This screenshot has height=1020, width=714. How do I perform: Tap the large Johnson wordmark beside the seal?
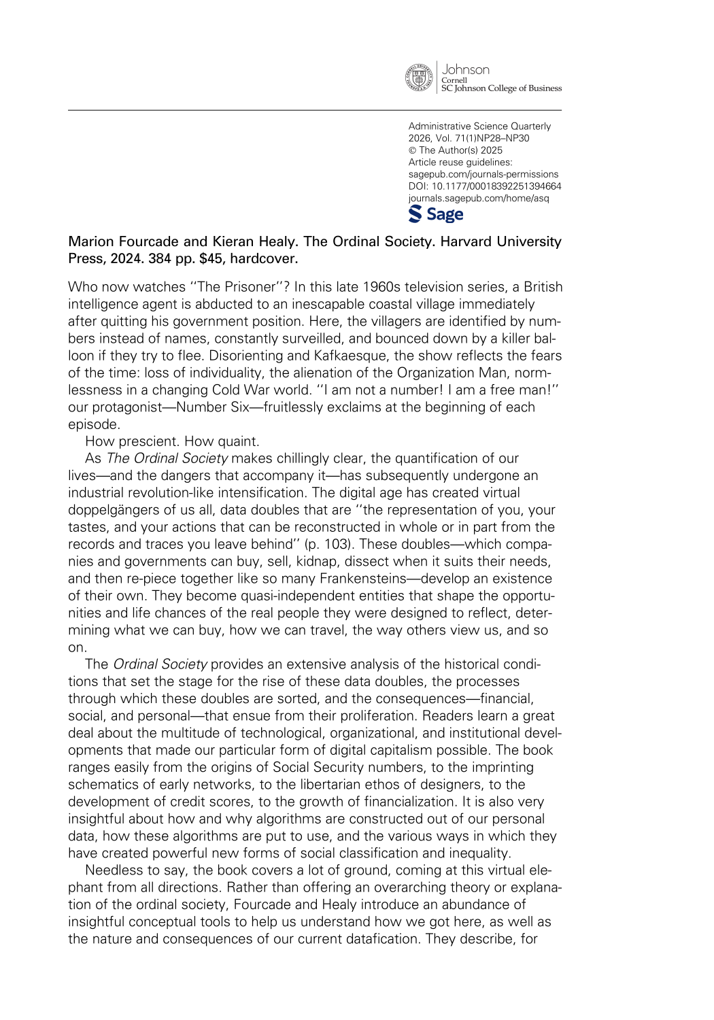tap(466, 69)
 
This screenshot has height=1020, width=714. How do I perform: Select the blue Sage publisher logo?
tap(436, 214)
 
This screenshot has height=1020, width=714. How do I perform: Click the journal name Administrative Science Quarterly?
tap(479, 126)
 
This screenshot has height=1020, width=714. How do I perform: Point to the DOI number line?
tap(485, 186)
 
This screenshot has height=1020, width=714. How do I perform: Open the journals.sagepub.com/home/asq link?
tap(479, 199)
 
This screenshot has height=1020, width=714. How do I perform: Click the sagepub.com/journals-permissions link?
tap(483, 174)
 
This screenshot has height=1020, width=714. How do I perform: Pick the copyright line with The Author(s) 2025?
tap(456, 150)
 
